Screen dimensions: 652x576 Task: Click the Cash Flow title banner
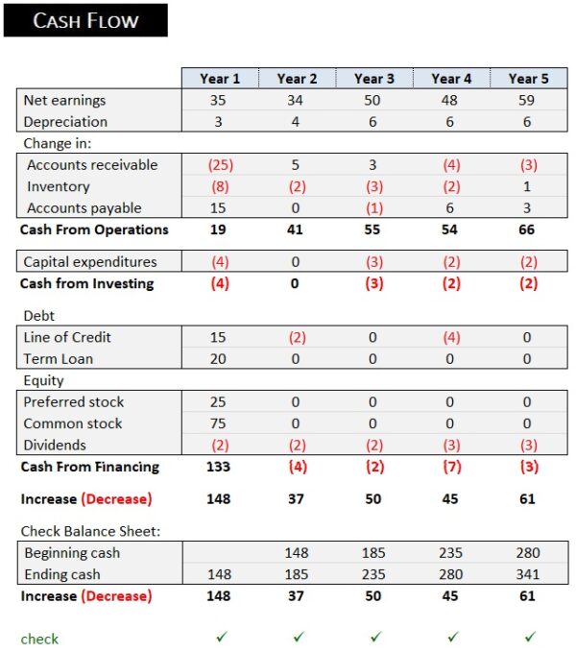(85, 20)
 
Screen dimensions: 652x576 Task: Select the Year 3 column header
(374, 79)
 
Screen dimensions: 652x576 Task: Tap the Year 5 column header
(529, 79)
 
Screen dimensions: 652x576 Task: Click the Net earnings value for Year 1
(220, 100)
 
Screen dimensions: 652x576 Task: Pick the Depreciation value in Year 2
(297, 122)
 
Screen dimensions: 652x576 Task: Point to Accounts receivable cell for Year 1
(220, 165)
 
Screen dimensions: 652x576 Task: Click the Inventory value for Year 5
(528, 186)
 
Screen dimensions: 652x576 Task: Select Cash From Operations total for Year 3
(374, 230)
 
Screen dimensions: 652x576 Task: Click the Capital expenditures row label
(89, 262)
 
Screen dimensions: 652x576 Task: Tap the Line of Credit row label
(67, 337)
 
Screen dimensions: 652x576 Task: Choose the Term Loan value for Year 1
(220, 359)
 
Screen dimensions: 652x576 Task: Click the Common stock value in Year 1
(220, 423)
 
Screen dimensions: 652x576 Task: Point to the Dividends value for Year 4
(451, 446)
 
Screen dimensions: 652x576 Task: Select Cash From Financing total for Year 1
(220, 468)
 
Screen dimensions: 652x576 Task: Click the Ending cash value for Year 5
(528, 575)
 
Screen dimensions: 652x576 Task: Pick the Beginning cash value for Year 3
(374, 553)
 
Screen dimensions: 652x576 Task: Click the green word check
(39, 639)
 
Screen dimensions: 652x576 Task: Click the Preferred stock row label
(74, 402)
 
